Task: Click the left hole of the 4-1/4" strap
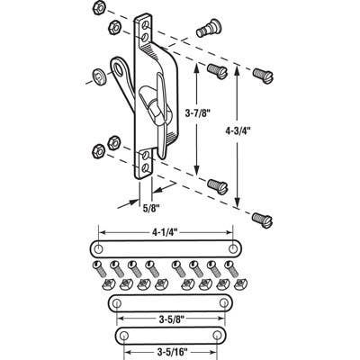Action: pyautogui.click(x=96, y=247)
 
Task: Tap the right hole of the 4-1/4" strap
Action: pyautogui.click(x=234, y=247)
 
